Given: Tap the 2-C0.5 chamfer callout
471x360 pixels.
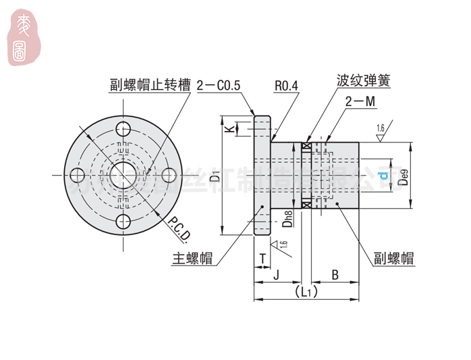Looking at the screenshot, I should [x=219, y=86].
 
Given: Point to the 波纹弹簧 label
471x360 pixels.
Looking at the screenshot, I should [x=364, y=81].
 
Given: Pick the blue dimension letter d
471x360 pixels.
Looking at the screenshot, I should [x=383, y=177].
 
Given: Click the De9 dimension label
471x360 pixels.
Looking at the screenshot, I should [x=403, y=178].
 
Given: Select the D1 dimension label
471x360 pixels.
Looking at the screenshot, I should [x=214, y=177].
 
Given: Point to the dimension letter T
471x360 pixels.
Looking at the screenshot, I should [x=261, y=257].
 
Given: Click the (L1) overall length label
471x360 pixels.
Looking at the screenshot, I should [x=306, y=292].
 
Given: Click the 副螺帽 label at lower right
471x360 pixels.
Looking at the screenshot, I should [x=395, y=259].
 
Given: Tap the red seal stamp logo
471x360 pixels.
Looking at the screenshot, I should [x=23, y=39].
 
